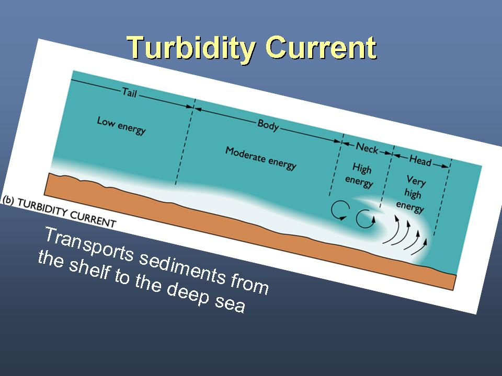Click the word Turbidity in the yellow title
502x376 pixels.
[191, 48]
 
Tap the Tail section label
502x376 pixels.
[129, 93]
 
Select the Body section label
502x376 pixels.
[268, 125]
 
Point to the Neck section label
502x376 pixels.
[367, 148]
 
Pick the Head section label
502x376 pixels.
[420, 160]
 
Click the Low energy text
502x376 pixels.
[121, 125]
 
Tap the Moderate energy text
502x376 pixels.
[261, 159]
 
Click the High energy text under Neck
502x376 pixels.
[360, 175]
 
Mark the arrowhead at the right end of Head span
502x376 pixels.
[446, 166]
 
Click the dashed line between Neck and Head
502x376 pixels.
[387, 177]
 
